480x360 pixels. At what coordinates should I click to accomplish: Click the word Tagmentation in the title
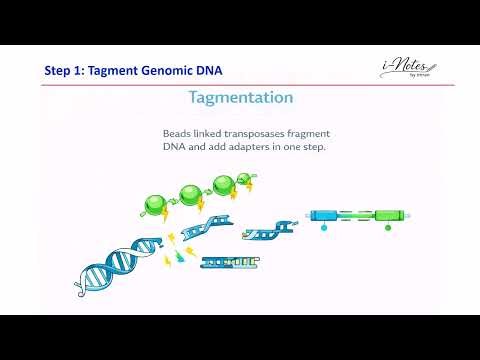(x=240, y=98)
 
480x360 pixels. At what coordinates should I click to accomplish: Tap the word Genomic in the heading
(x=157, y=70)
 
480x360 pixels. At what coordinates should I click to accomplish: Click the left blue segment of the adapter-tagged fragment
(x=324, y=214)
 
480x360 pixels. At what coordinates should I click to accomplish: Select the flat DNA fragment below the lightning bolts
(x=230, y=263)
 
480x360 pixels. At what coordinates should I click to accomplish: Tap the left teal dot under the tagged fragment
(x=324, y=228)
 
